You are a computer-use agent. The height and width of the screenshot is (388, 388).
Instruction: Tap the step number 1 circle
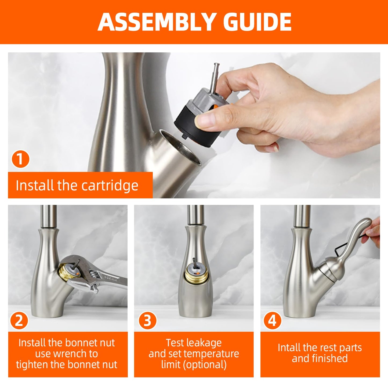(20, 159)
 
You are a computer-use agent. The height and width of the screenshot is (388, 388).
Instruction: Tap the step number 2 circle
(19, 321)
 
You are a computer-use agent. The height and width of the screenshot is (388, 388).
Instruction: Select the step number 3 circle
(147, 321)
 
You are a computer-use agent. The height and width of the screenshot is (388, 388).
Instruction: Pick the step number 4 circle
(272, 321)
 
